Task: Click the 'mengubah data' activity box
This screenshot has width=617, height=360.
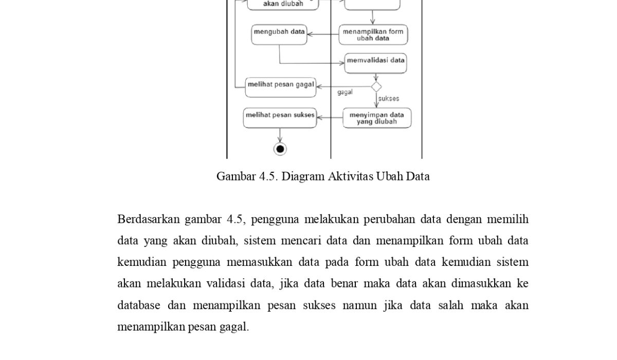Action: click(x=279, y=34)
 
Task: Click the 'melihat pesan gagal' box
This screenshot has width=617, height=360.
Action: click(x=280, y=86)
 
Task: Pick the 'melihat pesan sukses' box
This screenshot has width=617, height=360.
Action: click(x=280, y=118)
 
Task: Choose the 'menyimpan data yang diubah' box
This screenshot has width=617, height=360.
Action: click(x=377, y=118)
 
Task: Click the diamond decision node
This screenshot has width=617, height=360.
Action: click(x=376, y=86)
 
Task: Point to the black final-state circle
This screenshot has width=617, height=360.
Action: click(x=280, y=149)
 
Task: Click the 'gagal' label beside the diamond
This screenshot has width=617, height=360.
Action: click(x=345, y=93)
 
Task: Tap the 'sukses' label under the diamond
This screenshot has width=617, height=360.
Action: click(x=389, y=98)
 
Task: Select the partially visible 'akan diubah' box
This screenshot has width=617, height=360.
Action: click(x=283, y=4)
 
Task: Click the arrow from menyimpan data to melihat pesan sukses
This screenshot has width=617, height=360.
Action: click(x=330, y=118)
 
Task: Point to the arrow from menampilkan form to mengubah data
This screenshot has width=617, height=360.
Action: click(x=323, y=34)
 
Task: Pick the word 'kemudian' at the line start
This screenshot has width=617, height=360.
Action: click(x=141, y=262)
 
